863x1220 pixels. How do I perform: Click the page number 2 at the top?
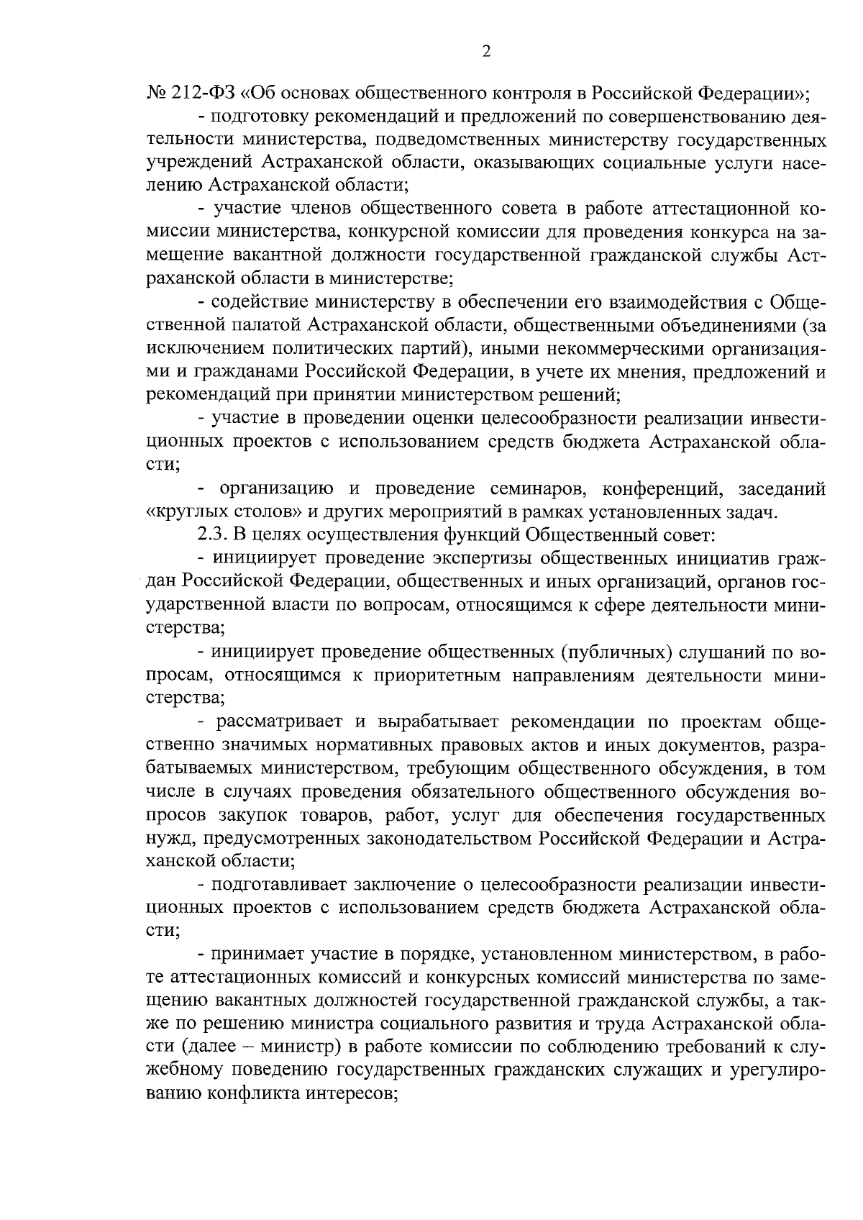point(485,52)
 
